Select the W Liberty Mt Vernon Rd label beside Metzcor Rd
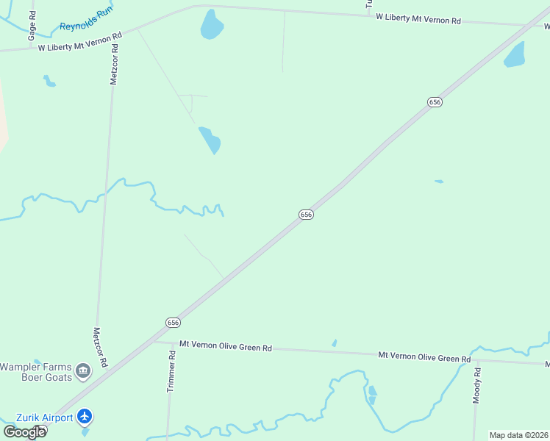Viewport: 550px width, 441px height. tap(79, 43)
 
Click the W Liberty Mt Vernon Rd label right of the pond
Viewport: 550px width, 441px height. tap(418, 18)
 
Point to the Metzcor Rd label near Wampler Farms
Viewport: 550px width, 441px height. tap(100, 348)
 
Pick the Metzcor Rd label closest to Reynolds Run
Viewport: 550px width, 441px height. tap(114, 65)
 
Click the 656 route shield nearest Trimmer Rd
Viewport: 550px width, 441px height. tap(172, 323)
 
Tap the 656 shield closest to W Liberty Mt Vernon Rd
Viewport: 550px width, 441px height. tap(435, 102)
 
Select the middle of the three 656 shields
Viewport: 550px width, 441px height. tap(307, 214)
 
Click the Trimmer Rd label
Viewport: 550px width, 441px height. tap(171, 372)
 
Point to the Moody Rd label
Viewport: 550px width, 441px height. tap(477, 385)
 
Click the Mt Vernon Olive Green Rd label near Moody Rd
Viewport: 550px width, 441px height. tap(424, 357)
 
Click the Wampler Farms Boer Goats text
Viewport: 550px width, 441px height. tap(36, 372)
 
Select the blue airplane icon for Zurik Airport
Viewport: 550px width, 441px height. tap(85, 417)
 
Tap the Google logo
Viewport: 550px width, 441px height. tap(24, 432)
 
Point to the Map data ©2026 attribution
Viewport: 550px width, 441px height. tap(519, 435)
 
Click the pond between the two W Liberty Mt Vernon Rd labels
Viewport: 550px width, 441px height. tap(212, 26)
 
